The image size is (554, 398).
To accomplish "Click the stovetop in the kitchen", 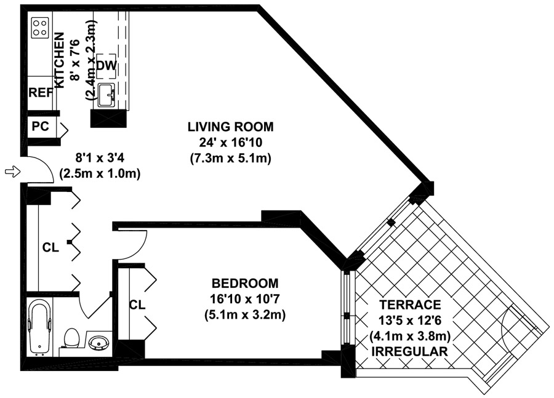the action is [x=39, y=28].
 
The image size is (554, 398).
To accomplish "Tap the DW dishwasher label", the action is [x=106, y=66].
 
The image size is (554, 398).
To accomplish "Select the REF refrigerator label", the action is [x=41, y=92].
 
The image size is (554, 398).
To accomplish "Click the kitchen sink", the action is [x=106, y=95].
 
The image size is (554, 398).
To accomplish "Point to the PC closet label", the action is [x=40, y=126].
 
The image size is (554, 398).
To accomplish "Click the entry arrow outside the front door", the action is [x=12, y=172].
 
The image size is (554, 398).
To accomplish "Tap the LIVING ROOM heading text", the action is [x=230, y=127].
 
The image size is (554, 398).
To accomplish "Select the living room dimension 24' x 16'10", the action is [x=230, y=143].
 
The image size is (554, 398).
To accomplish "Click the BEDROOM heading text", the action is [x=245, y=283].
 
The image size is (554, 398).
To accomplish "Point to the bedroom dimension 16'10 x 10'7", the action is [x=245, y=299].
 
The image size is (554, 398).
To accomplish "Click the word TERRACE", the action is [x=410, y=304].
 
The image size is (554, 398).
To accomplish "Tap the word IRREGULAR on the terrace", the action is [x=410, y=351].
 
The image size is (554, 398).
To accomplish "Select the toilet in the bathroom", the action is [x=72, y=338].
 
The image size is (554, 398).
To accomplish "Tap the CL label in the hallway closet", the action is [x=50, y=248].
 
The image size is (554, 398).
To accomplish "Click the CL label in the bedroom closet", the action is [x=137, y=304].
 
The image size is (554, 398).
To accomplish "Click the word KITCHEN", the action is [x=59, y=60].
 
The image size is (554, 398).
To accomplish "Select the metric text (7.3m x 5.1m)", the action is [x=230, y=159].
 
